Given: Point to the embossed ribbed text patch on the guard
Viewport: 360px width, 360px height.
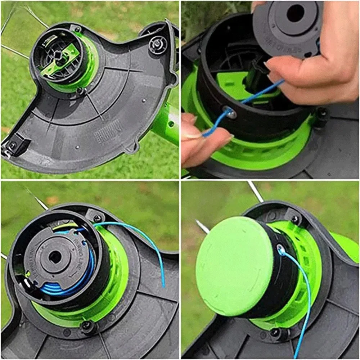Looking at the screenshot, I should tap(108, 131).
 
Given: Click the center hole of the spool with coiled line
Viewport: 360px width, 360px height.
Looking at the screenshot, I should tap(55, 257).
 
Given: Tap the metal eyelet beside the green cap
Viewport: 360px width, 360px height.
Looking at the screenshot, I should tap(280, 249).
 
